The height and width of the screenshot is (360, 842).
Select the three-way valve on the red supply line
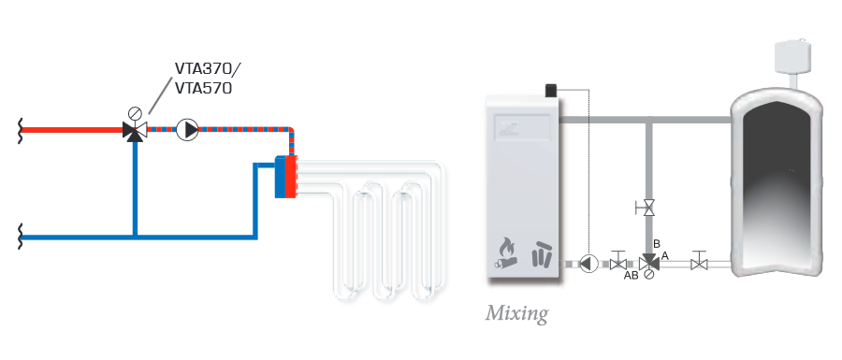133,130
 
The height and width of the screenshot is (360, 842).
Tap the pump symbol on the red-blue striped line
187,130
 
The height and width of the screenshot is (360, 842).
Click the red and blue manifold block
285,177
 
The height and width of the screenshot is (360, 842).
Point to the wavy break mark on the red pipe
21,129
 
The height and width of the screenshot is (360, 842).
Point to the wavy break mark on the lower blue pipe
21,236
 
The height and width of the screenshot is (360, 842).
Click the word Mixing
517,313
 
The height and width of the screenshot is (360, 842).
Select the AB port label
631,276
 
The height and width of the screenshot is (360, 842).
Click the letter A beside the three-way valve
665,256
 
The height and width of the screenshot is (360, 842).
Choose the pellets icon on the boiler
541,253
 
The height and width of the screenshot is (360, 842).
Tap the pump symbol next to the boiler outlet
589,264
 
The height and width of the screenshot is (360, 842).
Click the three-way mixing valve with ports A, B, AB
649,263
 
